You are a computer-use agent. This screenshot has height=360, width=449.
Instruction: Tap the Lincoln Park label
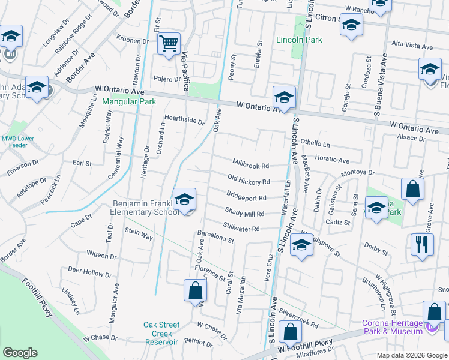coord(299,40)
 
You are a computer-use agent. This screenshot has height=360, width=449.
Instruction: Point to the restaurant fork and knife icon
coord(422,244)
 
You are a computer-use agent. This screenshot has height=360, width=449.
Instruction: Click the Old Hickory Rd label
coord(249,179)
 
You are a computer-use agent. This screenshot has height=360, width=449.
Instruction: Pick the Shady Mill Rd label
coord(244,212)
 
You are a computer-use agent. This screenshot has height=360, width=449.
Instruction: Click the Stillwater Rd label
coord(241,228)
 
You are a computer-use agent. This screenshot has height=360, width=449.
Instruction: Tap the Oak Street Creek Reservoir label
coord(161,333)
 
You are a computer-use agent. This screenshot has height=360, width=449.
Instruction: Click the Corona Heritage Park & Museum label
coord(393,327)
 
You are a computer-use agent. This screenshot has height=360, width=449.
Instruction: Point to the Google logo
coord(20,353)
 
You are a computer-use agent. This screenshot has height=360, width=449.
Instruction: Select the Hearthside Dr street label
coord(185,119)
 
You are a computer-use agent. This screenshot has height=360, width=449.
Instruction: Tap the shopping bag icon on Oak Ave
coord(195,291)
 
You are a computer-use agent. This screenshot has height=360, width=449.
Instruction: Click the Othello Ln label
coord(315,144)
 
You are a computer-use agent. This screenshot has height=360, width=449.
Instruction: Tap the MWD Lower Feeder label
coord(17,142)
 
